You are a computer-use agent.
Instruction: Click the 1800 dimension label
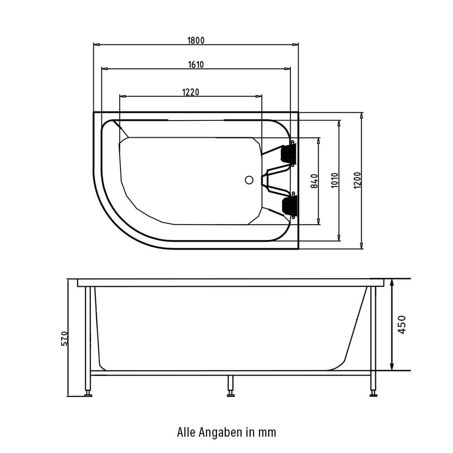point(196,40)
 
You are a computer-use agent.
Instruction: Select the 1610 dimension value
point(196,64)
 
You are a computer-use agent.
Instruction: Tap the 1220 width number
point(191,92)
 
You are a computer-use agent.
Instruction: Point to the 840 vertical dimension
point(314,181)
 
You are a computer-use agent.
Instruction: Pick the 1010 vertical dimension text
point(335,181)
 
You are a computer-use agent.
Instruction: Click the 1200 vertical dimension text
point(357,181)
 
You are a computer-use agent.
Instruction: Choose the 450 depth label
point(402,325)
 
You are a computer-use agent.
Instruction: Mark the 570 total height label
point(65,338)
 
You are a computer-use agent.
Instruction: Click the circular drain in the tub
point(249,180)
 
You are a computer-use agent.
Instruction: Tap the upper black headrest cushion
point(289,153)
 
